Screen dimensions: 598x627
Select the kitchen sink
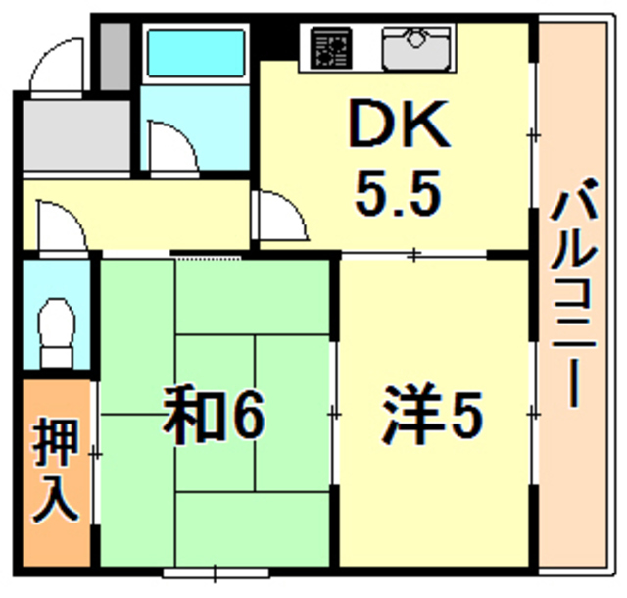(416, 46)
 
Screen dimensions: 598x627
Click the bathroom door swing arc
(172, 145)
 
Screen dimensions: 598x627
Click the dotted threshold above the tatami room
(208, 256)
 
